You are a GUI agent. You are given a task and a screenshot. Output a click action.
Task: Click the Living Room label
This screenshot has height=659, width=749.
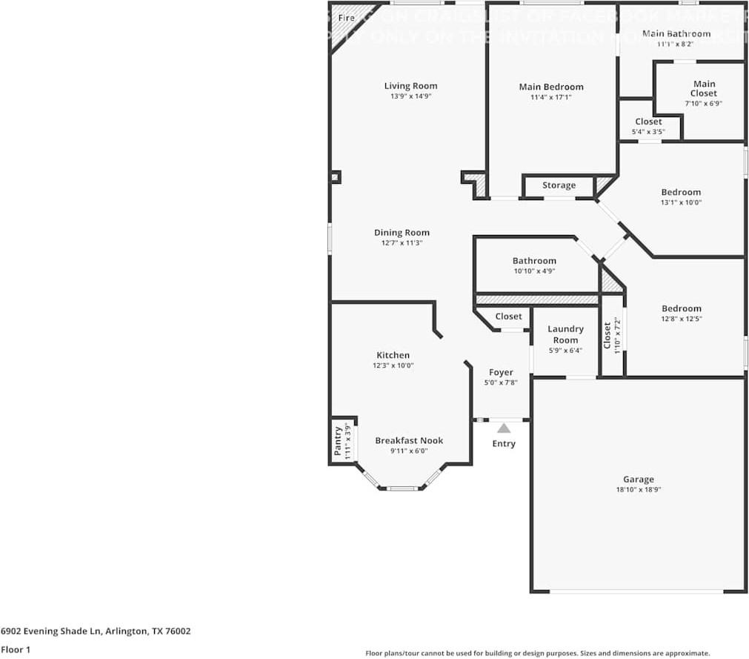click(410, 86)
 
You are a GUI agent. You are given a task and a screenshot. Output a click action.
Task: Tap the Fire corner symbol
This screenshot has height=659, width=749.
click(345, 19)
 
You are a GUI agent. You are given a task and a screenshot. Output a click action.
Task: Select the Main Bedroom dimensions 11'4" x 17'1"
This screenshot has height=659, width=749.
click(550, 97)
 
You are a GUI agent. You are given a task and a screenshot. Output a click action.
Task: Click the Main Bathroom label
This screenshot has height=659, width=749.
click(676, 33)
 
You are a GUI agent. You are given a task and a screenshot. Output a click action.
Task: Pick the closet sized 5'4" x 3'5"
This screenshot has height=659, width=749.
click(648, 127)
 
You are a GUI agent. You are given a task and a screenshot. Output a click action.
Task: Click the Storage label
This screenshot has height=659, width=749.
click(559, 185)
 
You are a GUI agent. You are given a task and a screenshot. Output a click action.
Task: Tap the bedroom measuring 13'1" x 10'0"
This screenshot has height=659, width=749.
click(681, 197)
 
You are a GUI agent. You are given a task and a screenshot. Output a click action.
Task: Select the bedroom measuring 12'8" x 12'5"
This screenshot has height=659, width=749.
click(681, 314)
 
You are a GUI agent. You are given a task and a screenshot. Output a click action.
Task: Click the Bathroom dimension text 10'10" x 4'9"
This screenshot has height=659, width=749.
click(534, 271)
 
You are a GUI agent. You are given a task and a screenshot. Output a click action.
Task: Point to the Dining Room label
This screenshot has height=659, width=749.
click(401, 233)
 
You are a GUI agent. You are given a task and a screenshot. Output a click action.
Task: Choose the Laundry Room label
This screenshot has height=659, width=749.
click(565, 334)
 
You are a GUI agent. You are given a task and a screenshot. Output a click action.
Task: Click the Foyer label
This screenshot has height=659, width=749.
click(501, 372)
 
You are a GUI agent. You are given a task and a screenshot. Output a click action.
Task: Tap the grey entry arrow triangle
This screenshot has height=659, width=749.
click(504, 428)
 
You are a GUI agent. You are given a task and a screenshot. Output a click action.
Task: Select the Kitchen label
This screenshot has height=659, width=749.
click(393, 355)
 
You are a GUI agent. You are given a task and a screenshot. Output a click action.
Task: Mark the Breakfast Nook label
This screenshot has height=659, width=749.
click(409, 440)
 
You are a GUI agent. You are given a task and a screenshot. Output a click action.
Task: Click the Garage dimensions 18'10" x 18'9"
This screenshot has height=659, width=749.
click(638, 490)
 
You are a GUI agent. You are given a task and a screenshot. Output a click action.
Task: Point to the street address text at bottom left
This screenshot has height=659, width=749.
click(96, 632)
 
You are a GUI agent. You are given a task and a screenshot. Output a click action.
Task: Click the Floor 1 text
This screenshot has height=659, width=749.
click(16, 650)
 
